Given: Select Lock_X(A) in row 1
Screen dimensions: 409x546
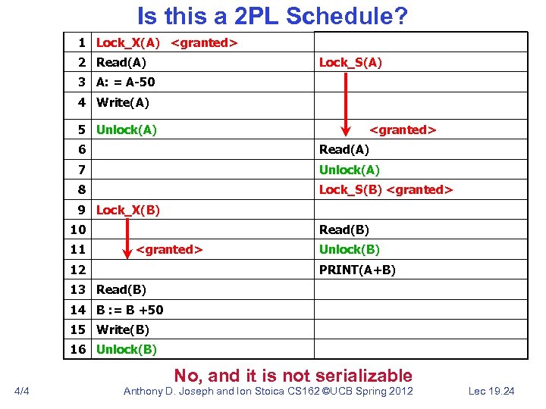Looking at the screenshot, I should (x=128, y=43).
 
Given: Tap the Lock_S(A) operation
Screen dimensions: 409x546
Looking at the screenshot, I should (x=350, y=63).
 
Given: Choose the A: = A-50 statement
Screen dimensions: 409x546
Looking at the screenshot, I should (x=125, y=83).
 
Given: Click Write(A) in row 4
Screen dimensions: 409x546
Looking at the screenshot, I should (x=123, y=102).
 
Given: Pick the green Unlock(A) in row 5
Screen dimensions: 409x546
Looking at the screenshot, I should (x=127, y=130).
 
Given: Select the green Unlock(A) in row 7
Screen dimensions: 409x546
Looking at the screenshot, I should (x=350, y=170).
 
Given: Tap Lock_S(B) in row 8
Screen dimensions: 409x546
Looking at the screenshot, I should (x=350, y=189).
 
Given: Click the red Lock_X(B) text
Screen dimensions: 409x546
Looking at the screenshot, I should (x=128, y=210).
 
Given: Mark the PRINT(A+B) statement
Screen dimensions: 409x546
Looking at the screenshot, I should (x=357, y=269).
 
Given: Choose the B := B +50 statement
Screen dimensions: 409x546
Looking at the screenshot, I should (x=130, y=309).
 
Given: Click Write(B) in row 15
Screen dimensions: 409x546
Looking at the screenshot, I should (x=123, y=329).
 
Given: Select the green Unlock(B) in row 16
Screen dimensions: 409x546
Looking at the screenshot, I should (x=127, y=349).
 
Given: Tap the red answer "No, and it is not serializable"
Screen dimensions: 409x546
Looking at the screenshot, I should (x=293, y=375).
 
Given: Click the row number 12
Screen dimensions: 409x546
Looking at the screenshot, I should (x=78, y=269).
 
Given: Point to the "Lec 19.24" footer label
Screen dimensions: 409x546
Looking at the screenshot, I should (x=492, y=391).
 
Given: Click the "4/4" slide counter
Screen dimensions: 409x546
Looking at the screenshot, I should (x=22, y=391).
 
